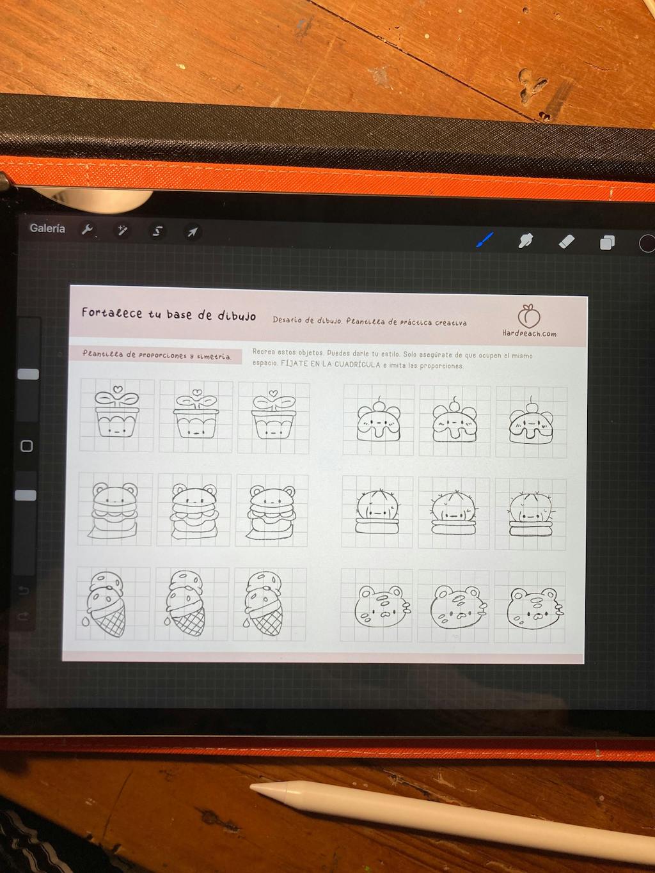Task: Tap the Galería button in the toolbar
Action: tap(47, 228)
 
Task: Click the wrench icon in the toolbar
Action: tap(87, 230)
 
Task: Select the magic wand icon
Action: tap(122, 230)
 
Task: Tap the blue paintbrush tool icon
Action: tap(485, 239)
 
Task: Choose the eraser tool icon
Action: tap(566, 241)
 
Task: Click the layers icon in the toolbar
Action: tap(607, 242)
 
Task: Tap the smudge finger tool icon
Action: tap(526, 240)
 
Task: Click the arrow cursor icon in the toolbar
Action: tap(193, 232)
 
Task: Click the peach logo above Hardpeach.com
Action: tap(528, 316)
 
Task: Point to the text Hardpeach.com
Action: tap(530, 333)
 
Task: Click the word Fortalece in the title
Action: tap(112, 313)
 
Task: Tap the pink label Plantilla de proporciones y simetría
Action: tap(156, 355)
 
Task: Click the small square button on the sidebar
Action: tap(27, 446)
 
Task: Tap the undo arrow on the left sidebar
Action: tap(24, 590)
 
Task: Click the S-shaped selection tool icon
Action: tap(157, 231)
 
